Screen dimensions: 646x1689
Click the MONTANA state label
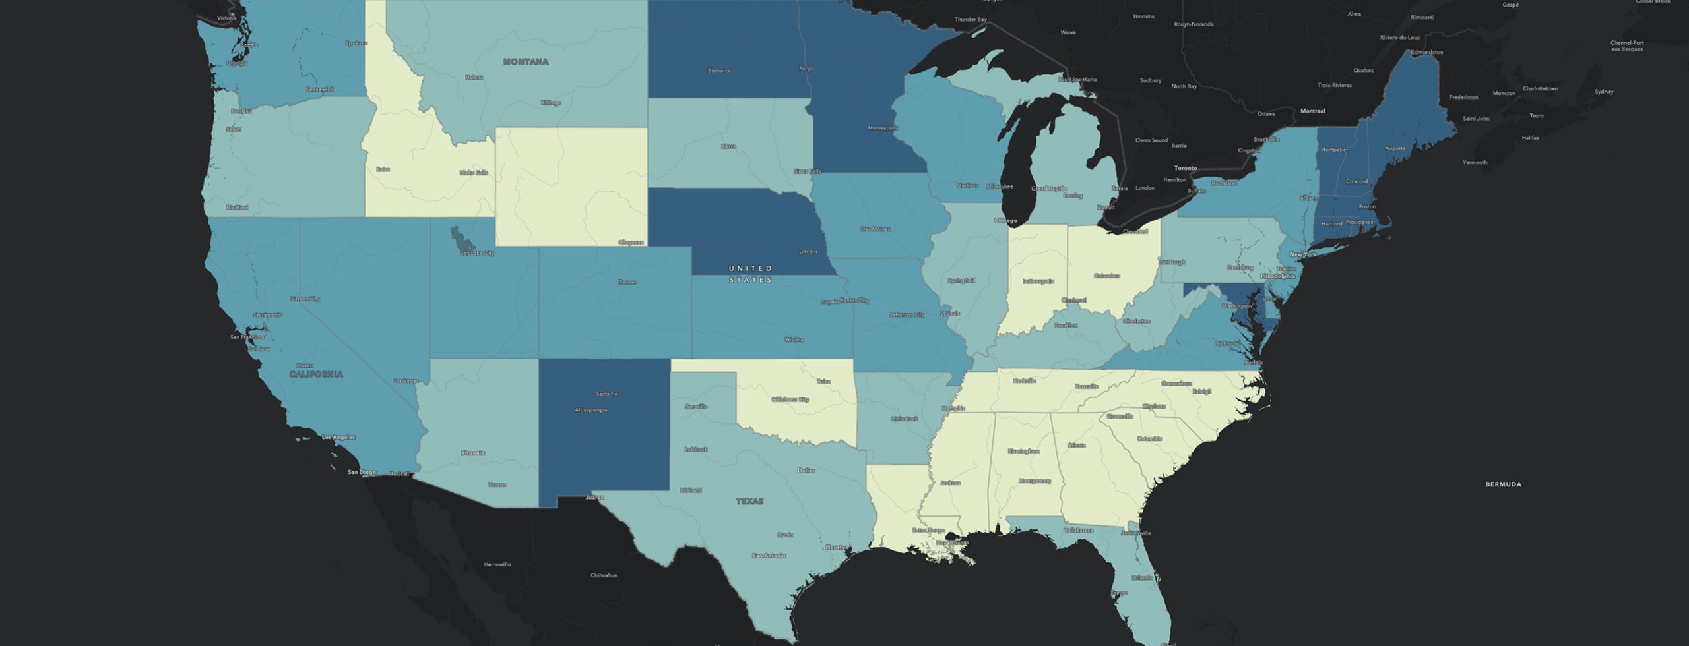[526, 62]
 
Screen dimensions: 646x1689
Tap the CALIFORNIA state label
[316, 374]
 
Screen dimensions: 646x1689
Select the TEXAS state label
[749, 502]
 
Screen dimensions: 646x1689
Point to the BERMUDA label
[1503, 484]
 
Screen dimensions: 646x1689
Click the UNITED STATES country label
[750, 274]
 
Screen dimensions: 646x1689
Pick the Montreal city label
[1312, 111]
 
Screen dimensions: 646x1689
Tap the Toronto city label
[1185, 168]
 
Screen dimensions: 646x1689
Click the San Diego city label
[362, 472]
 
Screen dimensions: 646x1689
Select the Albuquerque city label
[591, 410]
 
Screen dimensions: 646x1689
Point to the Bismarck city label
[718, 71]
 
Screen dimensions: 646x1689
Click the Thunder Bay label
[971, 20]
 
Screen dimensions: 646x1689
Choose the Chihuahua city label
[604, 575]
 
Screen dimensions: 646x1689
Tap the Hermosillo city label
[497, 564]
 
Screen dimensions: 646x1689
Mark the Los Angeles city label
[338, 437]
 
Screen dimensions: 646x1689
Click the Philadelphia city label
[1277, 276]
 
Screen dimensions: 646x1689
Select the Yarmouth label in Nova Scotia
[1475, 162]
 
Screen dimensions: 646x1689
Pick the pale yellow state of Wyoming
[571, 185]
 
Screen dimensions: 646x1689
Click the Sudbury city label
[1150, 80]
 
